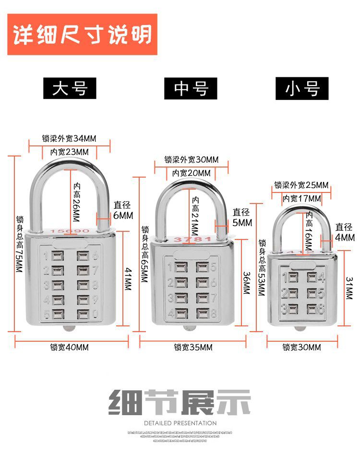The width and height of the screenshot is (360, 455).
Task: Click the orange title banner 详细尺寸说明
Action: [x=82, y=34]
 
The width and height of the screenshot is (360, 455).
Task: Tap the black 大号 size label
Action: [x=70, y=89]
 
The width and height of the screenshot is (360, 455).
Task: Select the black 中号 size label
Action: [x=191, y=89]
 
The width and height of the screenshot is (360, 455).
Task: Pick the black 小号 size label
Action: [x=302, y=89]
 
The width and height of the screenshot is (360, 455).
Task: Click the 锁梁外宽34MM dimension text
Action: [x=69, y=139]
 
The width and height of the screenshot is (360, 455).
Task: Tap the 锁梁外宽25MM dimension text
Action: [x=301, y=185]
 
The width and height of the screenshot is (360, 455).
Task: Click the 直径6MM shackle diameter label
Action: [x=123, y=211]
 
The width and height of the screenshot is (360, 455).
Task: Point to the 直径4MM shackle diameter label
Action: [x=345, y=232]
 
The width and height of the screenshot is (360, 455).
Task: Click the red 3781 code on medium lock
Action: [x=192, y=239]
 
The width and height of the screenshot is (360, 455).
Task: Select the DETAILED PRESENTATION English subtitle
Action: [x=180, y=423]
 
